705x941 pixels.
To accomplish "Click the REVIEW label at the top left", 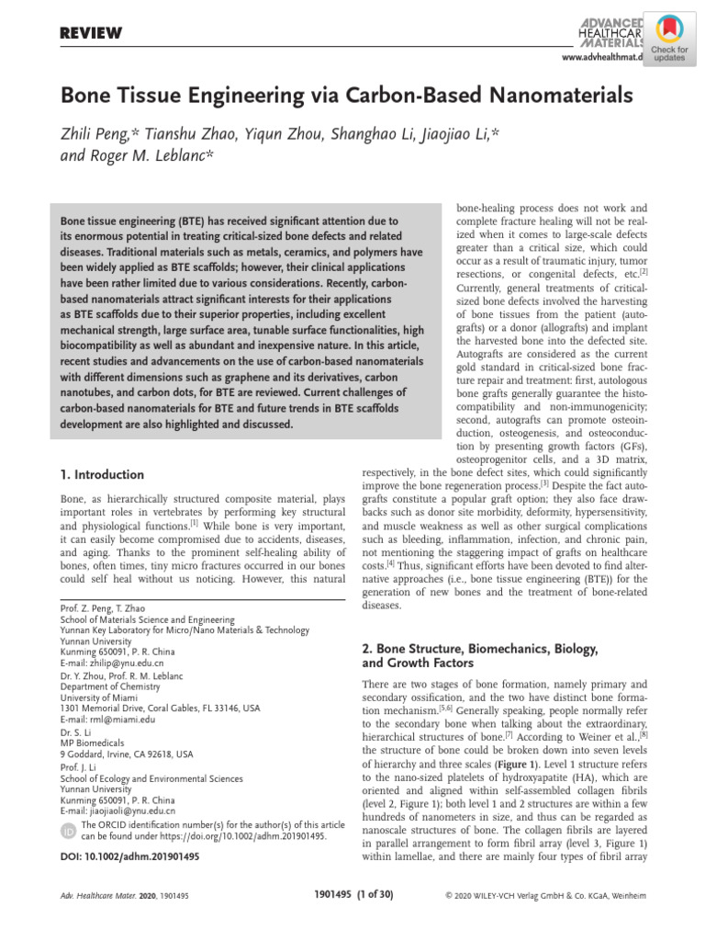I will point(91,34).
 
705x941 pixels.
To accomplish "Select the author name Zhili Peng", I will point(100,134).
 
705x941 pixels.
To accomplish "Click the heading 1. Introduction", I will point(102,475).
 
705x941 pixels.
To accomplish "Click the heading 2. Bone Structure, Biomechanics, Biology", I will point(480,649).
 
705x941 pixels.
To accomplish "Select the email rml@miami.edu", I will point(113,720).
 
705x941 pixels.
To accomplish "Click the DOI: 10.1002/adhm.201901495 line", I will point(129,856).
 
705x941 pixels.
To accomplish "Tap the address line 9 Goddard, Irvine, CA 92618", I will point(127,754).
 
